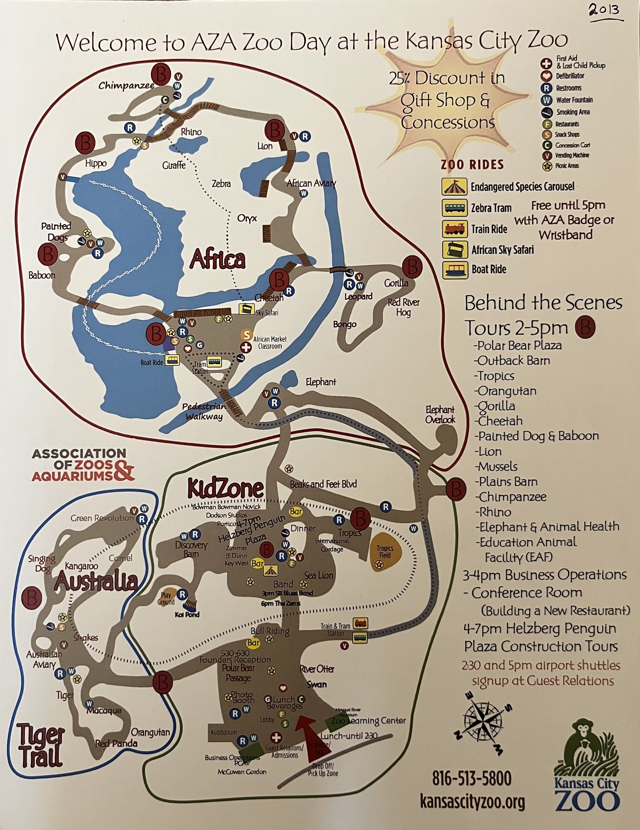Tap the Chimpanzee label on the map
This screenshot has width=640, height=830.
pyautogui.click(x=126, y=85)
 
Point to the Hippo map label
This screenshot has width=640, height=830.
pyautogui.click(x=96, y=164)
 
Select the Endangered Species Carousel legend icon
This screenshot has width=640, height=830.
pyautogui.click(x=454, y=187)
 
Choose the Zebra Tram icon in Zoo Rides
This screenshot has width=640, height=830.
pyautogui.click(x=454, y=208)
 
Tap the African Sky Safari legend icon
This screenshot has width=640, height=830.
pyautogui.click(x=454, y=250)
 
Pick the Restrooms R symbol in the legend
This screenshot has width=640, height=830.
pyautogui.click(x=546, y=88)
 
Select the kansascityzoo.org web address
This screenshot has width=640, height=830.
pyautogui.click(x=472, y=802)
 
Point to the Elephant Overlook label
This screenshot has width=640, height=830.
pyautogui.click(x=440, y=415)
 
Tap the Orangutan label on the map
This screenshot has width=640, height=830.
pyautogui.click(x=150, y=732)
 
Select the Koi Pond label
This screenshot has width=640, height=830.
pyautogui.click(x=187, y=614)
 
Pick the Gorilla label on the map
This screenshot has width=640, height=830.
pyautogui.click(x=396, y=283)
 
